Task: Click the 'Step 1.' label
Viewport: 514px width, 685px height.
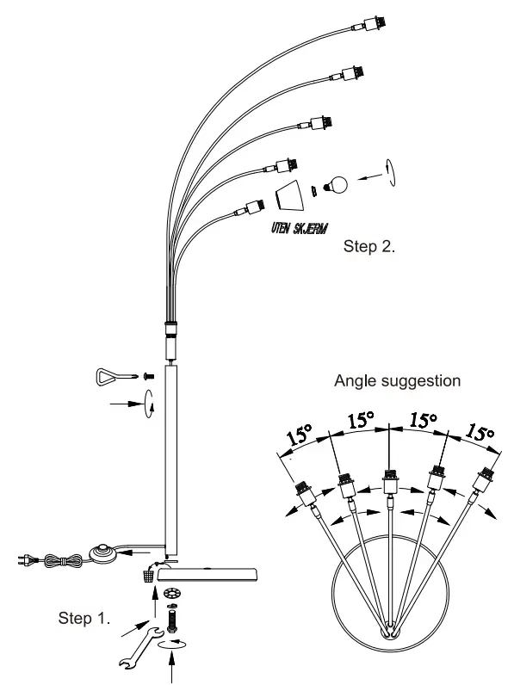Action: tap(85, 617)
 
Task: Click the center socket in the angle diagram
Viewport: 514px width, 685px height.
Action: tap(390, 483)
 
